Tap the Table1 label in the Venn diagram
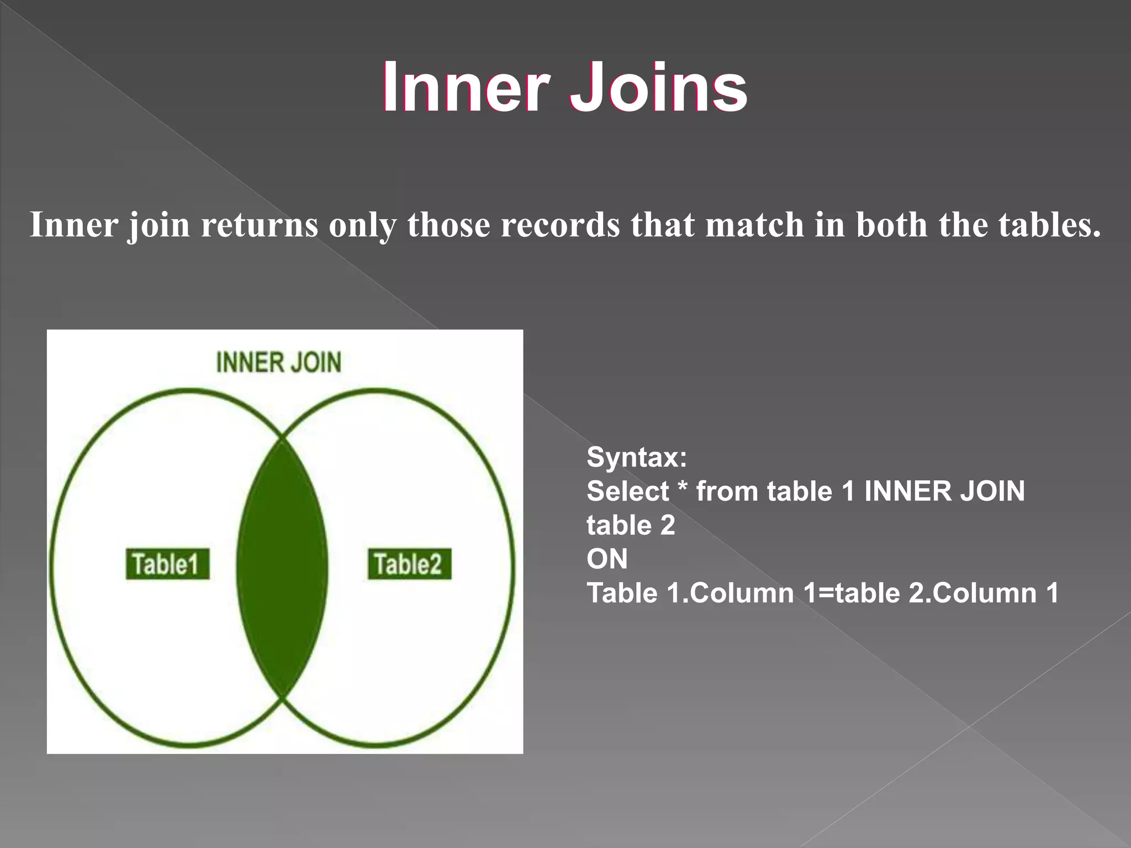point(167,564)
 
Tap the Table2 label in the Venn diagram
point(409,564)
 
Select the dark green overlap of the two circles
point(282,569)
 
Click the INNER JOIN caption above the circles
point(279,363)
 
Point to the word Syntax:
point(637,458)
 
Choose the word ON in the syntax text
point(607,559)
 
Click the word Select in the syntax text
point(627,491)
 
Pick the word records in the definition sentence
point(561,225)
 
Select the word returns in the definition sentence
point(260,225)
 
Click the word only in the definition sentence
point(362,225)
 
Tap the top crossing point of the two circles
point(282,439)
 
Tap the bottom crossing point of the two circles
point(282,699)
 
